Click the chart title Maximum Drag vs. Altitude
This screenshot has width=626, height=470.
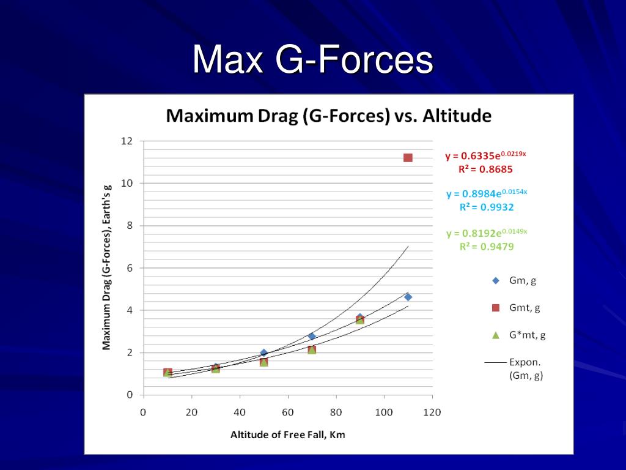[x=329, y=116]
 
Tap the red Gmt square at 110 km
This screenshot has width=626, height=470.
[x=408, y=157]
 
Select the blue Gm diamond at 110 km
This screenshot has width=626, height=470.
[x=408, y=297]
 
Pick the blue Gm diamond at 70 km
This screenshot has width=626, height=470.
[x=312, y=336]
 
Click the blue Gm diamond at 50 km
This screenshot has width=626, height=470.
[x=263, y=352]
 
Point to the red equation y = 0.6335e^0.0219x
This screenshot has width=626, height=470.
[x=485, y=155]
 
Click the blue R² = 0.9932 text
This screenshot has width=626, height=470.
[x=486, y=207]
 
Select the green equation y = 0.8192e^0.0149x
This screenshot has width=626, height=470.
[x=486, y=233]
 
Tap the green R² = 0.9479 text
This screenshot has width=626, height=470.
[x=486, y=247]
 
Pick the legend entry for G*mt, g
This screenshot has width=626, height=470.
[x=520, y=335]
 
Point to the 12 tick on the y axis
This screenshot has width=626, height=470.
[x=127, y=141]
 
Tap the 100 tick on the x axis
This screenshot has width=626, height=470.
[x=384, y=412]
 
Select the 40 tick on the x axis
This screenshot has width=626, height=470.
[x=239, y=412]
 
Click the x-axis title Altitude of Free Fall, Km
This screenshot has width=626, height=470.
[x=287, y=435]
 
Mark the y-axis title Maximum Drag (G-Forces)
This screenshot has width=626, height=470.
[x=106, y=267]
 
